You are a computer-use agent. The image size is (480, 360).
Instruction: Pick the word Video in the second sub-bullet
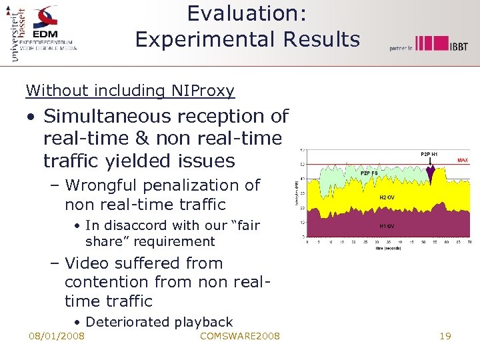(88, 263)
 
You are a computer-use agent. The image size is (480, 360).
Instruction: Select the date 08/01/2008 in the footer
(57, 336)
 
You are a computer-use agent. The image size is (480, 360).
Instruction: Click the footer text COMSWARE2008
(240, 336)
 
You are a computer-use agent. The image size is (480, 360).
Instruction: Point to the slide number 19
(445, 336)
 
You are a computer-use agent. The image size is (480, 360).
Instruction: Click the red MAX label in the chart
(462, 161)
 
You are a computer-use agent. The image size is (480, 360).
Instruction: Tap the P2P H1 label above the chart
(429, 154)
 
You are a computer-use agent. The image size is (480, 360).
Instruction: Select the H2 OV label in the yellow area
(387, 197)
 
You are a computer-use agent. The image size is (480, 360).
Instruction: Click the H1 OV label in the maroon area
(387, 226)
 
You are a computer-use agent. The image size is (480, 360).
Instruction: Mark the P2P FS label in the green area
(369, 173)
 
